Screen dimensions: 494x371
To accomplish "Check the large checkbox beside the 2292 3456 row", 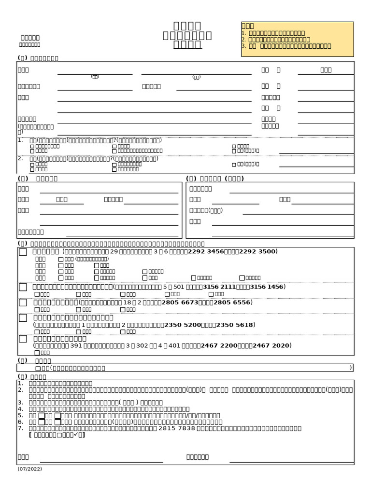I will click(x=23, y=252).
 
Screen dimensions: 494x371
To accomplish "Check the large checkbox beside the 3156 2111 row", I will click(x=23, y=288).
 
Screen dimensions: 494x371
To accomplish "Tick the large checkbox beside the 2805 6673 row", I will click(x=23, y=303).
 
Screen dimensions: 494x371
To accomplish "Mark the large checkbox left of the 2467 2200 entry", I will click(x=23, y=339).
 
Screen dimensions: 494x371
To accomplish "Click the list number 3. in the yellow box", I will click(x=244, y=46).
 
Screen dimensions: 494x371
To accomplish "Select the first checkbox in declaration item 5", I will click(x=42, y=415).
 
